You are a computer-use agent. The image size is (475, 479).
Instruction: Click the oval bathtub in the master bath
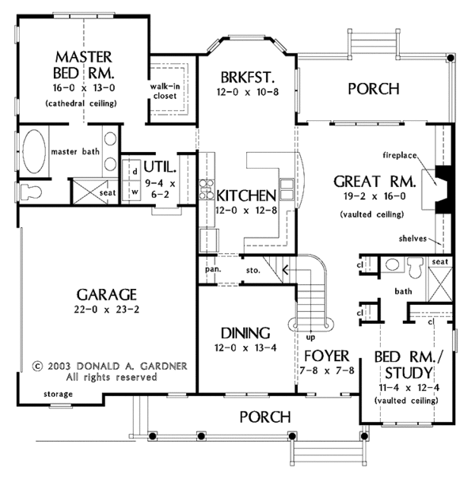pos(34,152)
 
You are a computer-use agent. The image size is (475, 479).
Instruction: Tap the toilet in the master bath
pos(31,192)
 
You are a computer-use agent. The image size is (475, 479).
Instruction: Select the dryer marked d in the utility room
pos(131,171)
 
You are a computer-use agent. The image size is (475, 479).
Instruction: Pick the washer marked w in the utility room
pos(131,192)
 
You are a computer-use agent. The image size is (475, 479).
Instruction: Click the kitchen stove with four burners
pos(207,189)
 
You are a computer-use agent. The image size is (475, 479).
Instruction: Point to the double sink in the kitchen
pos(287,189)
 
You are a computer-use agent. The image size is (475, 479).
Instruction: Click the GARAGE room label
pos(107,295)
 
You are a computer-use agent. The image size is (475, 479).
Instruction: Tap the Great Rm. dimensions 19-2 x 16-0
pos(374,196)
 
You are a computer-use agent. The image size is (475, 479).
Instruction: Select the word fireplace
pos(400,155)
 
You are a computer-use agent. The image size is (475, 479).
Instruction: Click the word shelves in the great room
pos(412,238)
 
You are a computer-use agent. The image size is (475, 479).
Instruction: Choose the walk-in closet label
pos(165,91)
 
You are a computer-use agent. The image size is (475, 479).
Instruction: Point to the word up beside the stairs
pos(310,337)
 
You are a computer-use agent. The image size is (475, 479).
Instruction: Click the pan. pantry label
pos(213,269)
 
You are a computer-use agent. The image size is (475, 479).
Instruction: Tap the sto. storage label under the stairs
pos(253,270)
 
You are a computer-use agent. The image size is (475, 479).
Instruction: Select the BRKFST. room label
pos(248,78)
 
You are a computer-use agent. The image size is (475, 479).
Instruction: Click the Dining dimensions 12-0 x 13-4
pos(245,348)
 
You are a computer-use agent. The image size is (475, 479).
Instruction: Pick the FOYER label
pos(326,356)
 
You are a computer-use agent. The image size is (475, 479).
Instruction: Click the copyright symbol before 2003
pos(37,367)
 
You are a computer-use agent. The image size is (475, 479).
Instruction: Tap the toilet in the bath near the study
pos(416,266)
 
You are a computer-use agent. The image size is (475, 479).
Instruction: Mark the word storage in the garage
pos(58,394)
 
